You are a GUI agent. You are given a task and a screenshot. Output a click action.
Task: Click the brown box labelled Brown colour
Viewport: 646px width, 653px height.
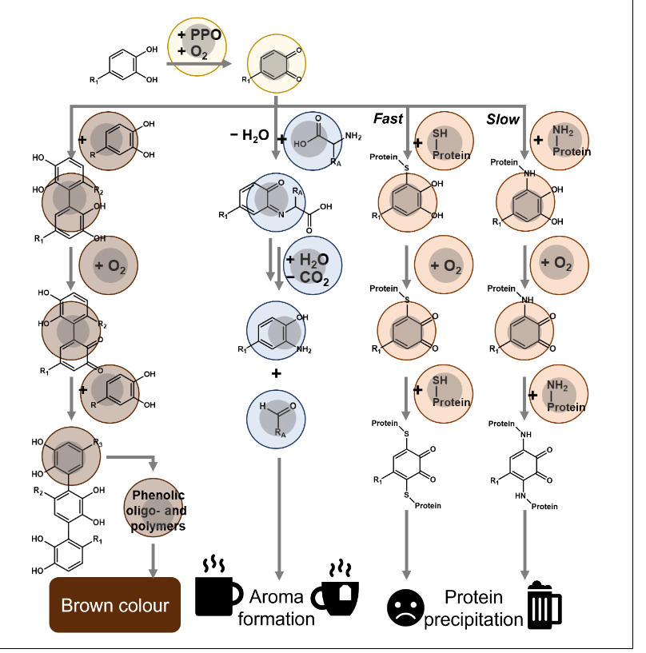point(115,605)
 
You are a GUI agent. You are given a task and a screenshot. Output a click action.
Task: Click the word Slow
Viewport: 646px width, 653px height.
point(503,119)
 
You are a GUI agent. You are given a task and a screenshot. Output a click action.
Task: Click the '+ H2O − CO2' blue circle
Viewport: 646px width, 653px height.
point(313,267)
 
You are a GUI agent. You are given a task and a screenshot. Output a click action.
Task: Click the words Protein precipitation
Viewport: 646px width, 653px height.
point(473,608)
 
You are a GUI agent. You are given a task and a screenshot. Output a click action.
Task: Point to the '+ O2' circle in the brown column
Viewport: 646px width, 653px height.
point(110,265)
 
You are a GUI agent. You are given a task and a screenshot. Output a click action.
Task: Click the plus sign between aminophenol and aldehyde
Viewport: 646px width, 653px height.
point(276,373)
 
